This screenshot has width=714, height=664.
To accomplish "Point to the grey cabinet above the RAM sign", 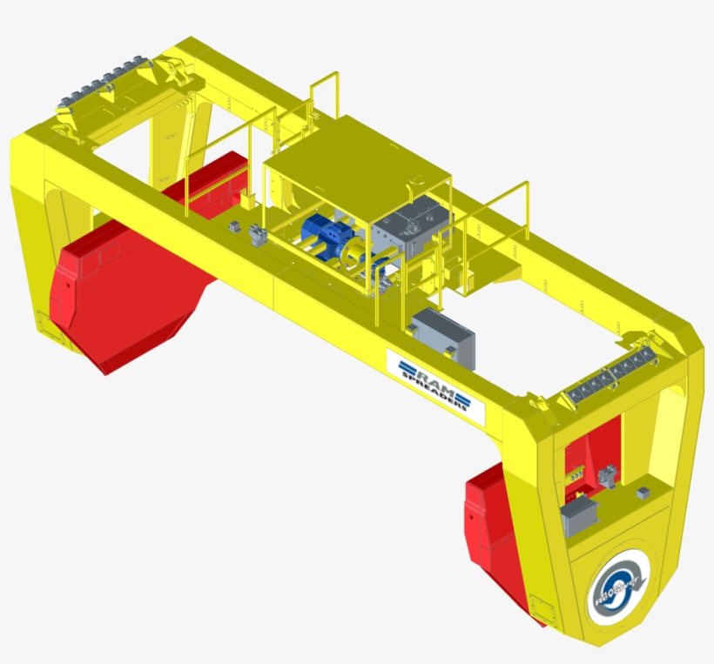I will pos(443,338).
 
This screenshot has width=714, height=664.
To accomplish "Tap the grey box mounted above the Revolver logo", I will pos(578,516).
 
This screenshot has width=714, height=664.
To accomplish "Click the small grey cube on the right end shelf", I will pos(643,493).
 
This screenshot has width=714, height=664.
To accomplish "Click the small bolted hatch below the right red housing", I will pos(538,604).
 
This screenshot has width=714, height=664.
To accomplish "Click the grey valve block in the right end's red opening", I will pos(608,474).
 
